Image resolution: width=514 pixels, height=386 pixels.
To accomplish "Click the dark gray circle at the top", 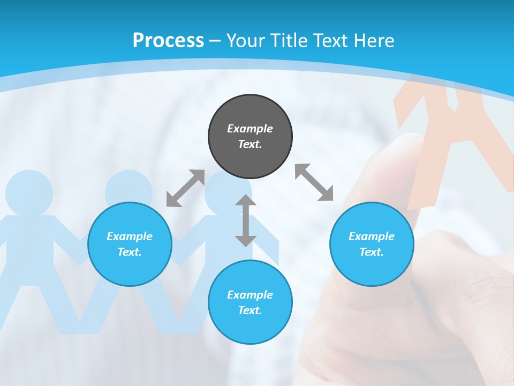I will (x=250, y=136).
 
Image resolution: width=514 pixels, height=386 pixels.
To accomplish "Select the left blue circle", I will (x=130, y=244).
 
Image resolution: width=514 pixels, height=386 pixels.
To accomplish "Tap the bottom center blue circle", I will (x=250, y=302).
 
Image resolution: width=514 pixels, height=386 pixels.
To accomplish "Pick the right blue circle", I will (x=372, y=244).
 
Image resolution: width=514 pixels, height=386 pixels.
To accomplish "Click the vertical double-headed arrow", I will (x=246, y=221).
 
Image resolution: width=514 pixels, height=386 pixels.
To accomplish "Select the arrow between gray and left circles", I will (x=185, y=188).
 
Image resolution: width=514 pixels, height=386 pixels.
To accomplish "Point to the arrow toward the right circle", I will (x=314, y=183).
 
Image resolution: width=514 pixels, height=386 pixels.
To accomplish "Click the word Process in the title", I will (x=168, y=40).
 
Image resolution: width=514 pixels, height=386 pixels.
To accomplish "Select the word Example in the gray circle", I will (x=250, y=129).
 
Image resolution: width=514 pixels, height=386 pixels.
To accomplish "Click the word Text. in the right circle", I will (x=372, y=252).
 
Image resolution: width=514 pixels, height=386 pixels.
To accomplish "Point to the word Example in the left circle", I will (x=130, y=236).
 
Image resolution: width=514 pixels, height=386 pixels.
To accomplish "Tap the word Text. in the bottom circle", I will (x=250, y=310).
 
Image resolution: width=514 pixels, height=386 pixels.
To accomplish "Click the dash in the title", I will (x=215, y=41).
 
